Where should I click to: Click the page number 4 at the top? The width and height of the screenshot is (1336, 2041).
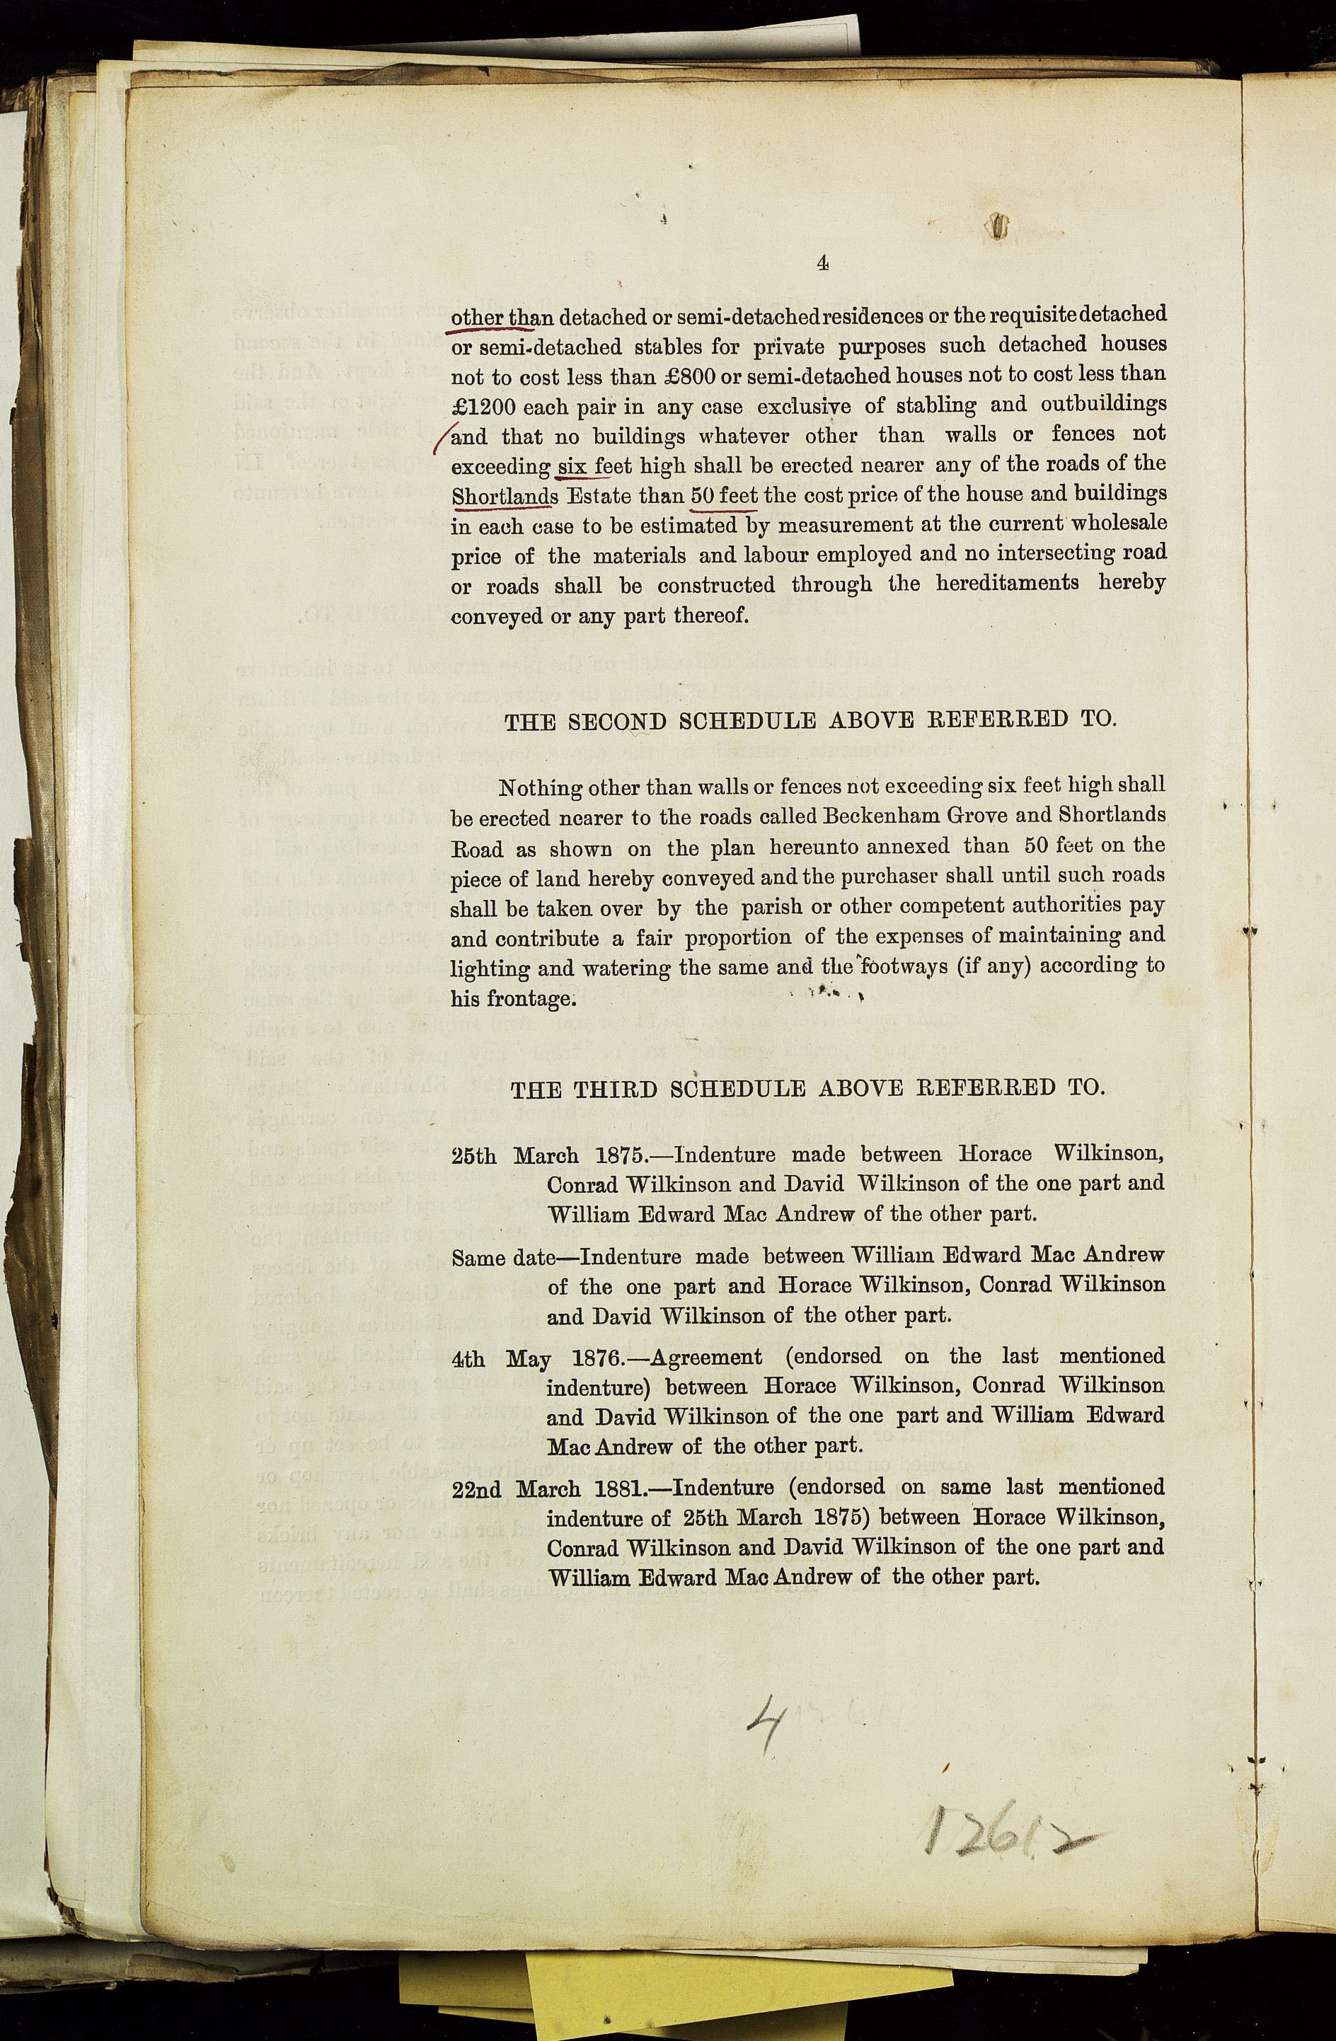(822, 263)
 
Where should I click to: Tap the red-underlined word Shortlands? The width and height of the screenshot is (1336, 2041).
(505, 497)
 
